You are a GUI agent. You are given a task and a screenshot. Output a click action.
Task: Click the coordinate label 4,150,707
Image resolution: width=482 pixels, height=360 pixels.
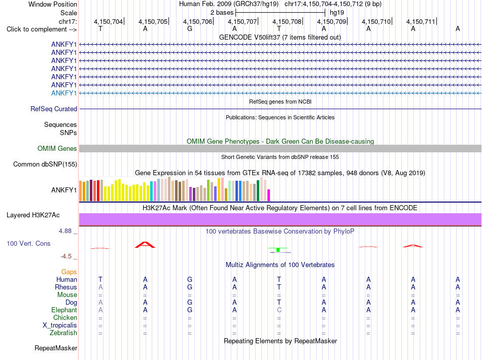[242, 21]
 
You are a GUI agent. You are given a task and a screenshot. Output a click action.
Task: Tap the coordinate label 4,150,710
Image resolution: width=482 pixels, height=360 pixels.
[376, 21]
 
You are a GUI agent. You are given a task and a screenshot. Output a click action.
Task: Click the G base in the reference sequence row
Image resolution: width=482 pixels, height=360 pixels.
[190, 29]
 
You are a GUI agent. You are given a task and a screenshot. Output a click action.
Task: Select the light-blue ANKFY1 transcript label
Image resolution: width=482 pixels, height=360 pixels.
[64, 93]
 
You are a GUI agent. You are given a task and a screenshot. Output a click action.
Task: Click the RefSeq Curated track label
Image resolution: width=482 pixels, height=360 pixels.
[54, 109]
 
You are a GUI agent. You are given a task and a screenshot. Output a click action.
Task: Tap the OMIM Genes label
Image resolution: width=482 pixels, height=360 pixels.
[57, 149]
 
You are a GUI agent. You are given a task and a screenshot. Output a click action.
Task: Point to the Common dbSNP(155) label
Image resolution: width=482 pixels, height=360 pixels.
[45, 165]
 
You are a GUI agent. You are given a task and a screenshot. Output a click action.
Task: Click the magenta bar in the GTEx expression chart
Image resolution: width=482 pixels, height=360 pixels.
[269, 195]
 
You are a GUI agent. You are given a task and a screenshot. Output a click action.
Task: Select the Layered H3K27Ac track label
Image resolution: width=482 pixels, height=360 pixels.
[33, 215]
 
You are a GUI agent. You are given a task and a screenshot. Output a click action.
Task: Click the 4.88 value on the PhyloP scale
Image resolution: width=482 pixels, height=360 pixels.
[65, 231]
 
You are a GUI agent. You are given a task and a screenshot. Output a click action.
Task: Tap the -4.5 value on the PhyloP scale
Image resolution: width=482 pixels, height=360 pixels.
[66, 256]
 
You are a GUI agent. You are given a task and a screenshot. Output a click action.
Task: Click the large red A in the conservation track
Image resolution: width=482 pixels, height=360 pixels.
[145, 245]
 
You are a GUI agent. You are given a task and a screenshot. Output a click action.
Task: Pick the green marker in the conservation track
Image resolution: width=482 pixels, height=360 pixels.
[278, 249]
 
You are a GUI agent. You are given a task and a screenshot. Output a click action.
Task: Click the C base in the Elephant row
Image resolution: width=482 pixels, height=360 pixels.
[279, 310]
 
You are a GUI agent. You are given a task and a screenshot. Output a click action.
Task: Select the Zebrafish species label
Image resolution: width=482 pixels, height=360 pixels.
[63, 333]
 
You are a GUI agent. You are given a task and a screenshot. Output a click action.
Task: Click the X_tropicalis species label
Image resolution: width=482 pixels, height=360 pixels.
[60, 325]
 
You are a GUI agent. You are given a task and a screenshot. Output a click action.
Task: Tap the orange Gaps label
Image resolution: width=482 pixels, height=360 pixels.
[69, 272]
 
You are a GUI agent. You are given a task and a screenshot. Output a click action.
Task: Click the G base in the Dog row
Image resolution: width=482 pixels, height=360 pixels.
[190, 303]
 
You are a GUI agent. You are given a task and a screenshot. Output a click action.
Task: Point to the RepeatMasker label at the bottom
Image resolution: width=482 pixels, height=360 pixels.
[56, 348]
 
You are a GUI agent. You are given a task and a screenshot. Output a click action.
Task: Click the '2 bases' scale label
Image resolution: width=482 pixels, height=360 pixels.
[222, 13]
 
